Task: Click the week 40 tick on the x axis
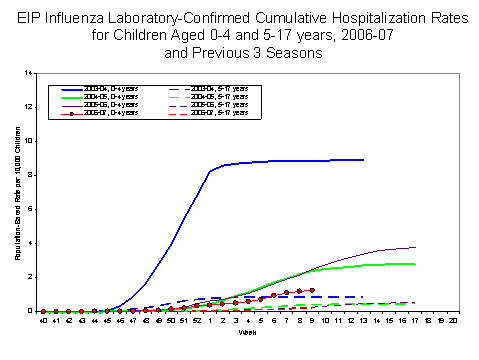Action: click(43, 321)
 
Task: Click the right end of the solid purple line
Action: click(414, 247)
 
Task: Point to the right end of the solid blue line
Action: click(363, 159)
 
